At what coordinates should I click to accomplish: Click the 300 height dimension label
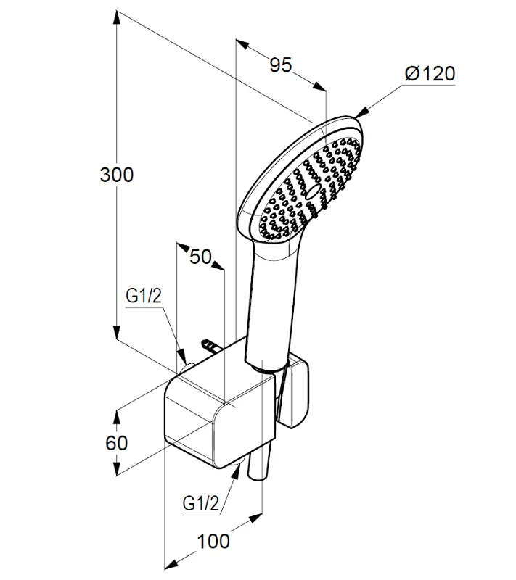coord(117,175)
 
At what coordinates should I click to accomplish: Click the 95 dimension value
coord(281,65)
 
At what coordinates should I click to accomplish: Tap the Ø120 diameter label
coord(430,73)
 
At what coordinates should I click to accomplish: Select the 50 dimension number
coord(200,257)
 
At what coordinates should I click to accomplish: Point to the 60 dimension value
coord(117,442)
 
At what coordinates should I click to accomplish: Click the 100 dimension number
coord(213,540)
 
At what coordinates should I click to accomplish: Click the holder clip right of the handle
coord(298,395)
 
